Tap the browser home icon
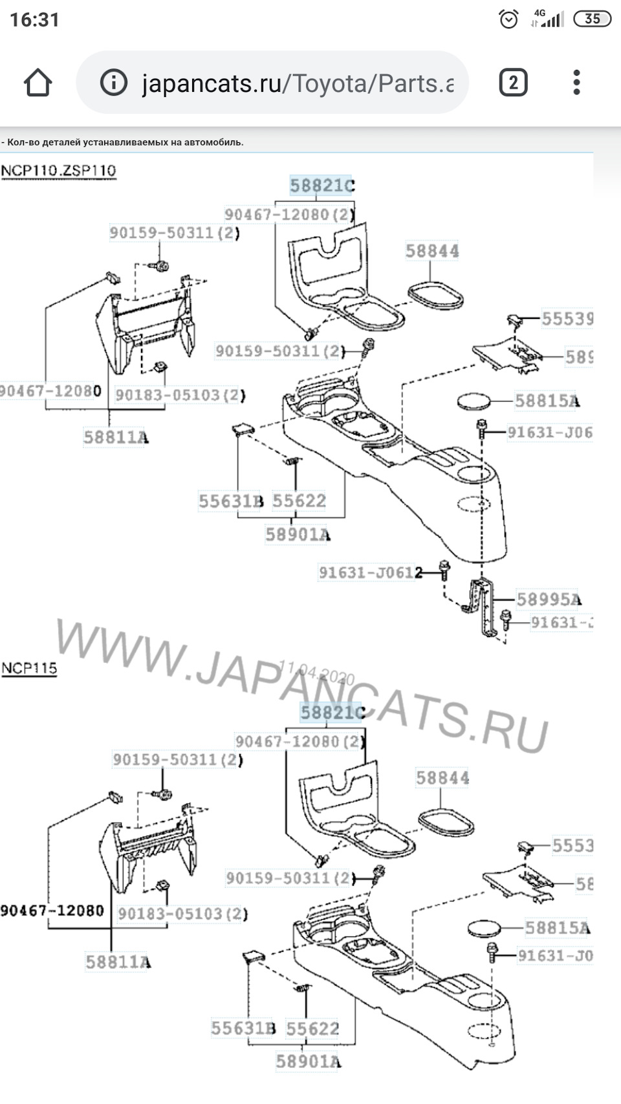pos(38,83)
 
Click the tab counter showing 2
pos(513,83)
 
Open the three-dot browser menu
pos(576,83)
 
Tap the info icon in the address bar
pos(114,83)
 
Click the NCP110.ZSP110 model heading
pos(58,171)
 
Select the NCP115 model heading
pos(29,668)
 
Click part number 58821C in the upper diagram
pos(321,186)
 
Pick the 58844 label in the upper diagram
pos(432,251)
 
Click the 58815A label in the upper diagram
pos(547,401)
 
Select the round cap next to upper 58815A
pos(473,401)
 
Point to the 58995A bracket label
pos(548,600)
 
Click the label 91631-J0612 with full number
pos(370,572)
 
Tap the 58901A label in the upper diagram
pos(298,535)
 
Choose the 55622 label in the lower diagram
pos(312,1028)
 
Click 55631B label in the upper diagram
pos(230,501)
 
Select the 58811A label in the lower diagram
pos(118,962)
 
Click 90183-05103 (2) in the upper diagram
pos(180,395)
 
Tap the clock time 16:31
pos(34,20)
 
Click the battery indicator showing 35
pos(592,19)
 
